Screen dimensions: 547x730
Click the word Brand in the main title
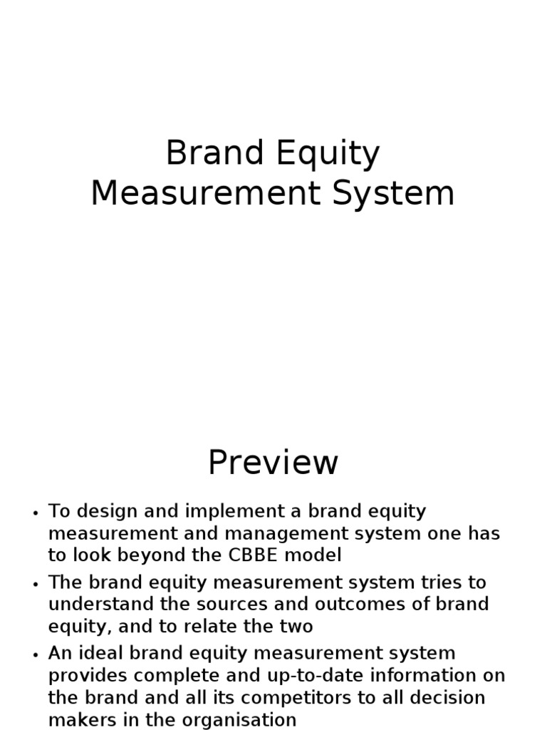coord(215,153)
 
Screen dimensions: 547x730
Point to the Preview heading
coord(273,463)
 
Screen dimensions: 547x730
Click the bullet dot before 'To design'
coord(36,513)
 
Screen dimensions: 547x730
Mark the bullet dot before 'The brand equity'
coord(36,585)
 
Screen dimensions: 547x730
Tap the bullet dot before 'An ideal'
coord(36,655)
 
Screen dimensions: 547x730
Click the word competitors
coord(297,699)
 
